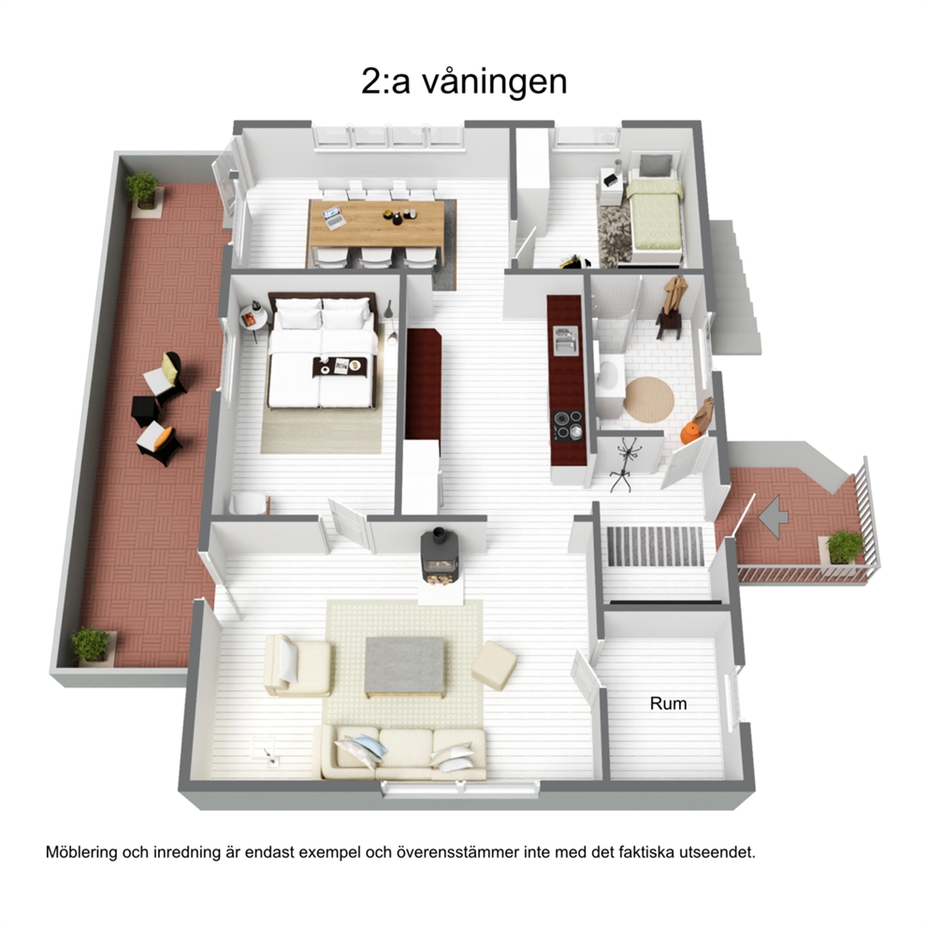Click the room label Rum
[668, 703]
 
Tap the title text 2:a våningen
[464, 81]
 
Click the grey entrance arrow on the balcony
[774, 516]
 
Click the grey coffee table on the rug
[404, 667]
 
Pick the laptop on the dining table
[334, 217]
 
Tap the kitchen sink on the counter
[565, 341]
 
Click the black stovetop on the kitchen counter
[568, 425]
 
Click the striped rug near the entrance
[655, 545]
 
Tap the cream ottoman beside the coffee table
[494, 665]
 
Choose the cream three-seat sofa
[403, 753]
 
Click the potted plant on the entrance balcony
[845, 546]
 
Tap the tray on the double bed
[340, 367]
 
